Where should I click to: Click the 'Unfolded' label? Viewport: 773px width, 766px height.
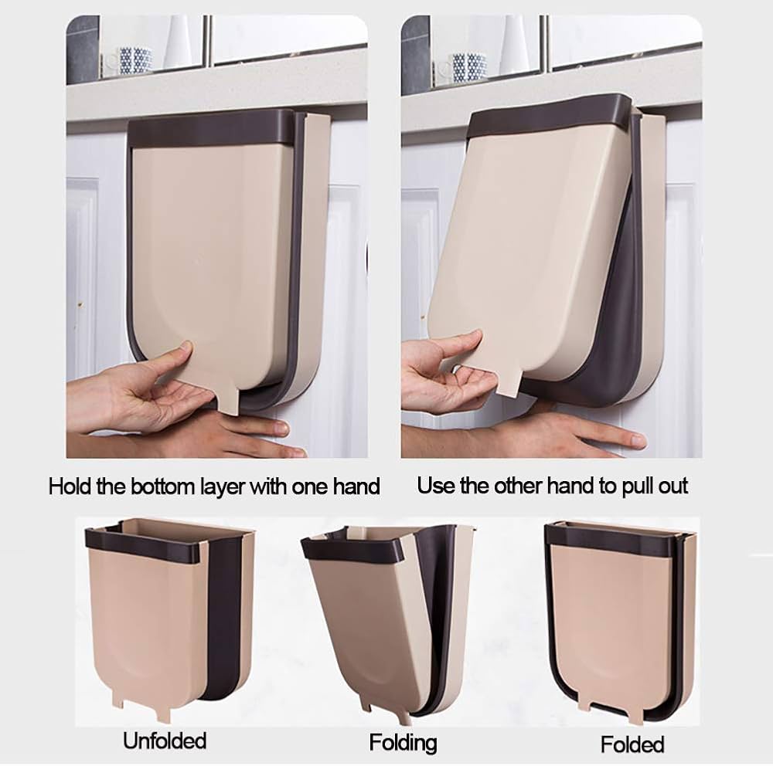pos(164,741)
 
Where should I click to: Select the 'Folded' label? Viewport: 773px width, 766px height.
pos(632,744)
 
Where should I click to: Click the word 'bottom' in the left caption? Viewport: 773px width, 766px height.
pos(162,486)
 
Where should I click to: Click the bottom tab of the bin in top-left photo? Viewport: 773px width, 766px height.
pos(228,401)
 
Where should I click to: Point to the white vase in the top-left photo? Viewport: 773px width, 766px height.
pos(178,42)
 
